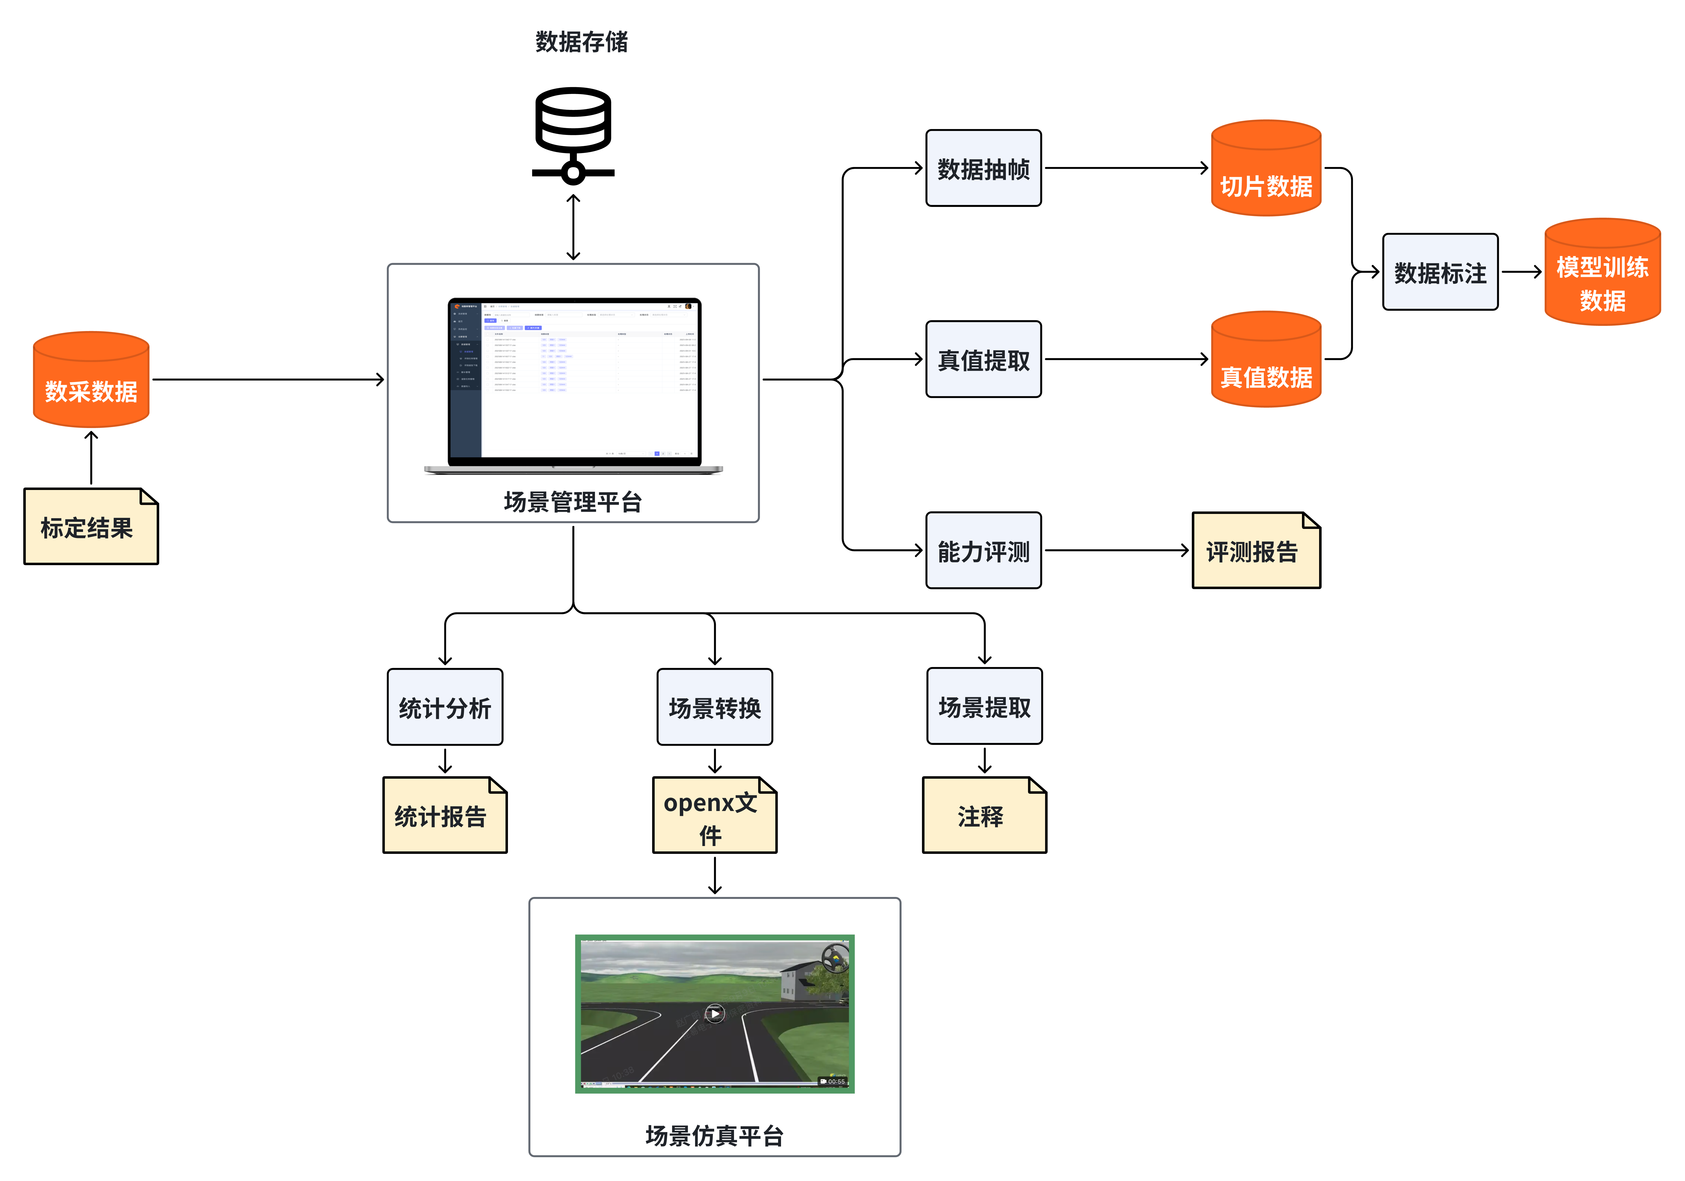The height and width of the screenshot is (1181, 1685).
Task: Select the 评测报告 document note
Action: coord(1255,551)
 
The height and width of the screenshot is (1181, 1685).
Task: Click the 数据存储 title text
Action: coord(581,42)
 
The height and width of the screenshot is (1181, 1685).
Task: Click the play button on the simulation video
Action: coord(714,1014)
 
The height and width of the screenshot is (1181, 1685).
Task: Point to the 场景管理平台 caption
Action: coord(573,502)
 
